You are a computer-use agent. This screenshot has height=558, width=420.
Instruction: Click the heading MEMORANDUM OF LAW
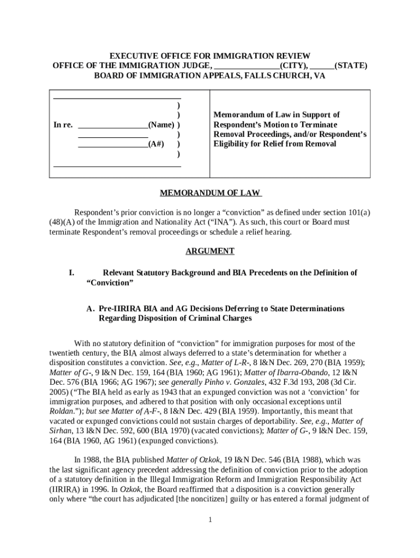click(x=210, y=193)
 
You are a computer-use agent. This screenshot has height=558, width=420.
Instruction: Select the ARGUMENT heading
click(x=210, y=251)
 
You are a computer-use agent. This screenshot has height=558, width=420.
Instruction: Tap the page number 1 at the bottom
click(x=210, y=520)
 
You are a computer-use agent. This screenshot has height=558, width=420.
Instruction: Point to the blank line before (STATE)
click(x=322, y=66)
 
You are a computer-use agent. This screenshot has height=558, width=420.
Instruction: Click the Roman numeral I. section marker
click(x=71, y=272)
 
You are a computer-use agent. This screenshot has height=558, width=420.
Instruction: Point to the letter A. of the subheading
click(x=91, y=308)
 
